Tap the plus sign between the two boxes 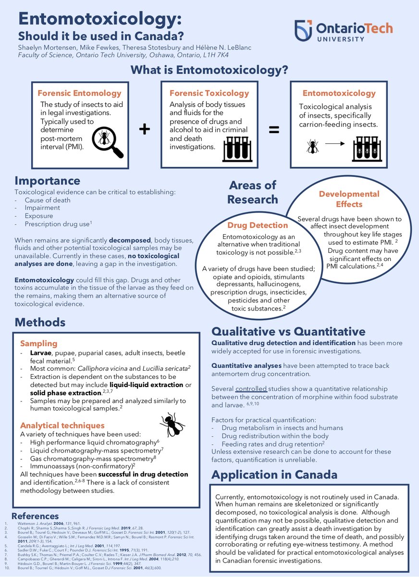coord(145,129)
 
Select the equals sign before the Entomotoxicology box coord(274,129)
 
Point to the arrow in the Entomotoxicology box coord(335,143)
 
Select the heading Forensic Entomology coord(80,93)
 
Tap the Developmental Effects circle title coord(349,199)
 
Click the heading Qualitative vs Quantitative coord(288,331)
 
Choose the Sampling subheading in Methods coord(39,343)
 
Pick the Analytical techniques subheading coord(62,425)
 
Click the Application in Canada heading coord(274,475)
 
